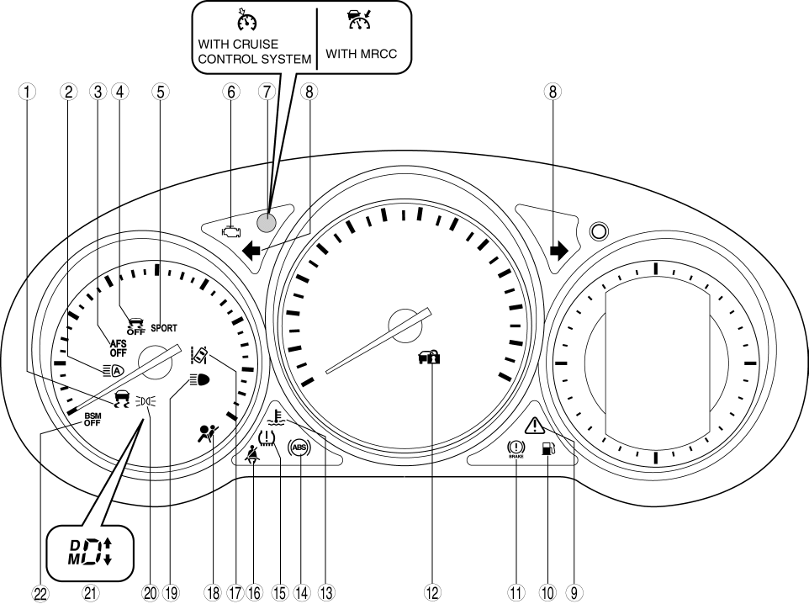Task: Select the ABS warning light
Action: click(299, 448)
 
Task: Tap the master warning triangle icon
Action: click(535, 424)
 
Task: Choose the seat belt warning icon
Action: click(251, 455)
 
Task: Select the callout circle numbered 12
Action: click(432, 592)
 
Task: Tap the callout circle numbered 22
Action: click(40, 592)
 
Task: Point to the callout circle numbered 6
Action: click(227, 93)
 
